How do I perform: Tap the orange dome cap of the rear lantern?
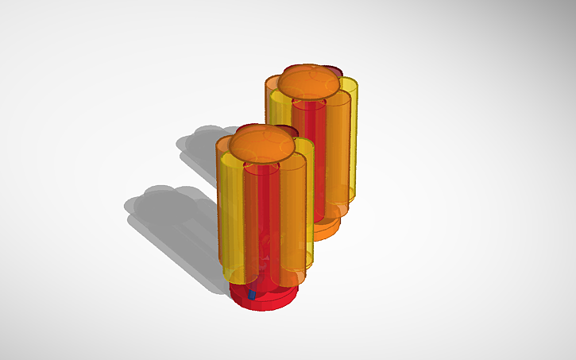[x=310, y=83]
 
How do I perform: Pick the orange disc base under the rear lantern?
[x=325, y=231]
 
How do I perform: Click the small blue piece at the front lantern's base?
[x=252, y=295]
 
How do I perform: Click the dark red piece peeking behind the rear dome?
[x=338, y=72]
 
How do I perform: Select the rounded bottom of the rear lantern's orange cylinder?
[x=338, y=211]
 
